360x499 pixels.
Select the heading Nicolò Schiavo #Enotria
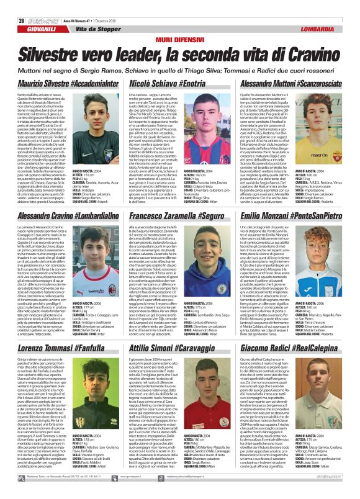[177, 65]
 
